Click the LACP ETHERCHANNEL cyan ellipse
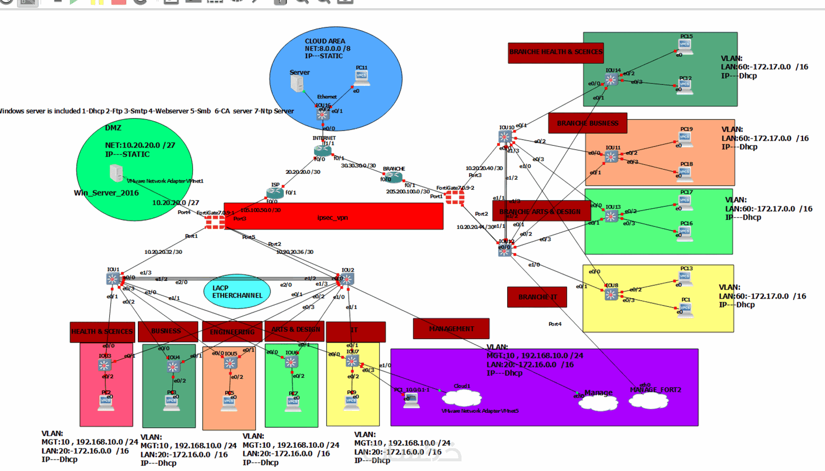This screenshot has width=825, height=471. [x=237, y=291]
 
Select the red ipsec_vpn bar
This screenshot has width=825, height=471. [x=333, y=217]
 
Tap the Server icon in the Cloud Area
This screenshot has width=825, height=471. [x=297, y=84]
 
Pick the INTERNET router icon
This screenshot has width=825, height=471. [x=323, y=151]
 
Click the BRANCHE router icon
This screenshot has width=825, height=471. [x=394, y=177]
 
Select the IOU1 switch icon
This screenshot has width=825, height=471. [x=113, y=279]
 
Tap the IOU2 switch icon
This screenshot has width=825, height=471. [x=347, y=279]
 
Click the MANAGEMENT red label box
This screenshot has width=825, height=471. [x=451, y=329]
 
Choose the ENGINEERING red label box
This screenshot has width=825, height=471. [x=232, y=332]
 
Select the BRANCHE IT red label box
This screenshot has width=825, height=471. [x=537, y=297]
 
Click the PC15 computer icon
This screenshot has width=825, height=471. [x=685, y=46]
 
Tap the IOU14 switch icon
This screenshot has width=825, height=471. [x=611, y=80]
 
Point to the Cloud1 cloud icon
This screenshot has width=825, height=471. [x=462, y=398]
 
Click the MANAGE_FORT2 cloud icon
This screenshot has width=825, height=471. [x=648, y=401]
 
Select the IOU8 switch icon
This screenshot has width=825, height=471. [x=611, y=294]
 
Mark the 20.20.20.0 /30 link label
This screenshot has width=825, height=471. [x=303, y=172]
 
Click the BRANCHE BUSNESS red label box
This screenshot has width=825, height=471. [x=587, y=123]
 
